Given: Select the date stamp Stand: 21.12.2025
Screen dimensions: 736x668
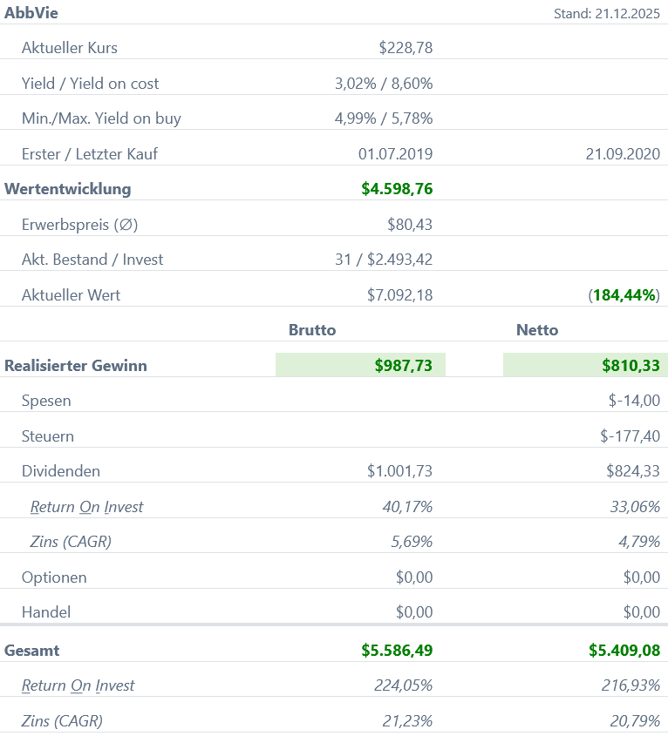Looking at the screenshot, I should click(x=607, y=14).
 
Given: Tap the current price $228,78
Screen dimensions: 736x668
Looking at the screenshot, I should click(x=406, y=48).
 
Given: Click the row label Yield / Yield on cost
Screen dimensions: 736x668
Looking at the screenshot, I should click(x=91, y=84).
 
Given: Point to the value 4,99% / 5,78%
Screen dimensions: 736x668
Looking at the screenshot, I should click(x=384, y=118).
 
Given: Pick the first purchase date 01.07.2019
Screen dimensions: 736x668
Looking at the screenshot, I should click(x=395, y=154).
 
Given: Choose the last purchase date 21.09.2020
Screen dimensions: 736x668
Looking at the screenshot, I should click(x=623, y=154).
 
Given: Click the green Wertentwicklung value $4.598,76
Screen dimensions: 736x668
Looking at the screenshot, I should click(x=397, y=189).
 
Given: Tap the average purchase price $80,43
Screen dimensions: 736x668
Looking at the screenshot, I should click(x=410, y=225).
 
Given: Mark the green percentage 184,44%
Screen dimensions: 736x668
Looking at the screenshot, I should click(x=625, y=295).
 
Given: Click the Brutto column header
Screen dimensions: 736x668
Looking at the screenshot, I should click(x=312, y=330).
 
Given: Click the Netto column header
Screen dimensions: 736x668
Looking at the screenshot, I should click(x=537, y=330).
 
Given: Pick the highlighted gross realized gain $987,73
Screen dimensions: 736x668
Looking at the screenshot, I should click(x=404, y=366).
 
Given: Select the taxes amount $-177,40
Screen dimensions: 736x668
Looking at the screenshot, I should click(x=630, y=436).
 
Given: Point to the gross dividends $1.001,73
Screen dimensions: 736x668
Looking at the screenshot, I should click(x=400, y=471).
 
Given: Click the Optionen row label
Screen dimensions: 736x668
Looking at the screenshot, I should click(x=54, y=577).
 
